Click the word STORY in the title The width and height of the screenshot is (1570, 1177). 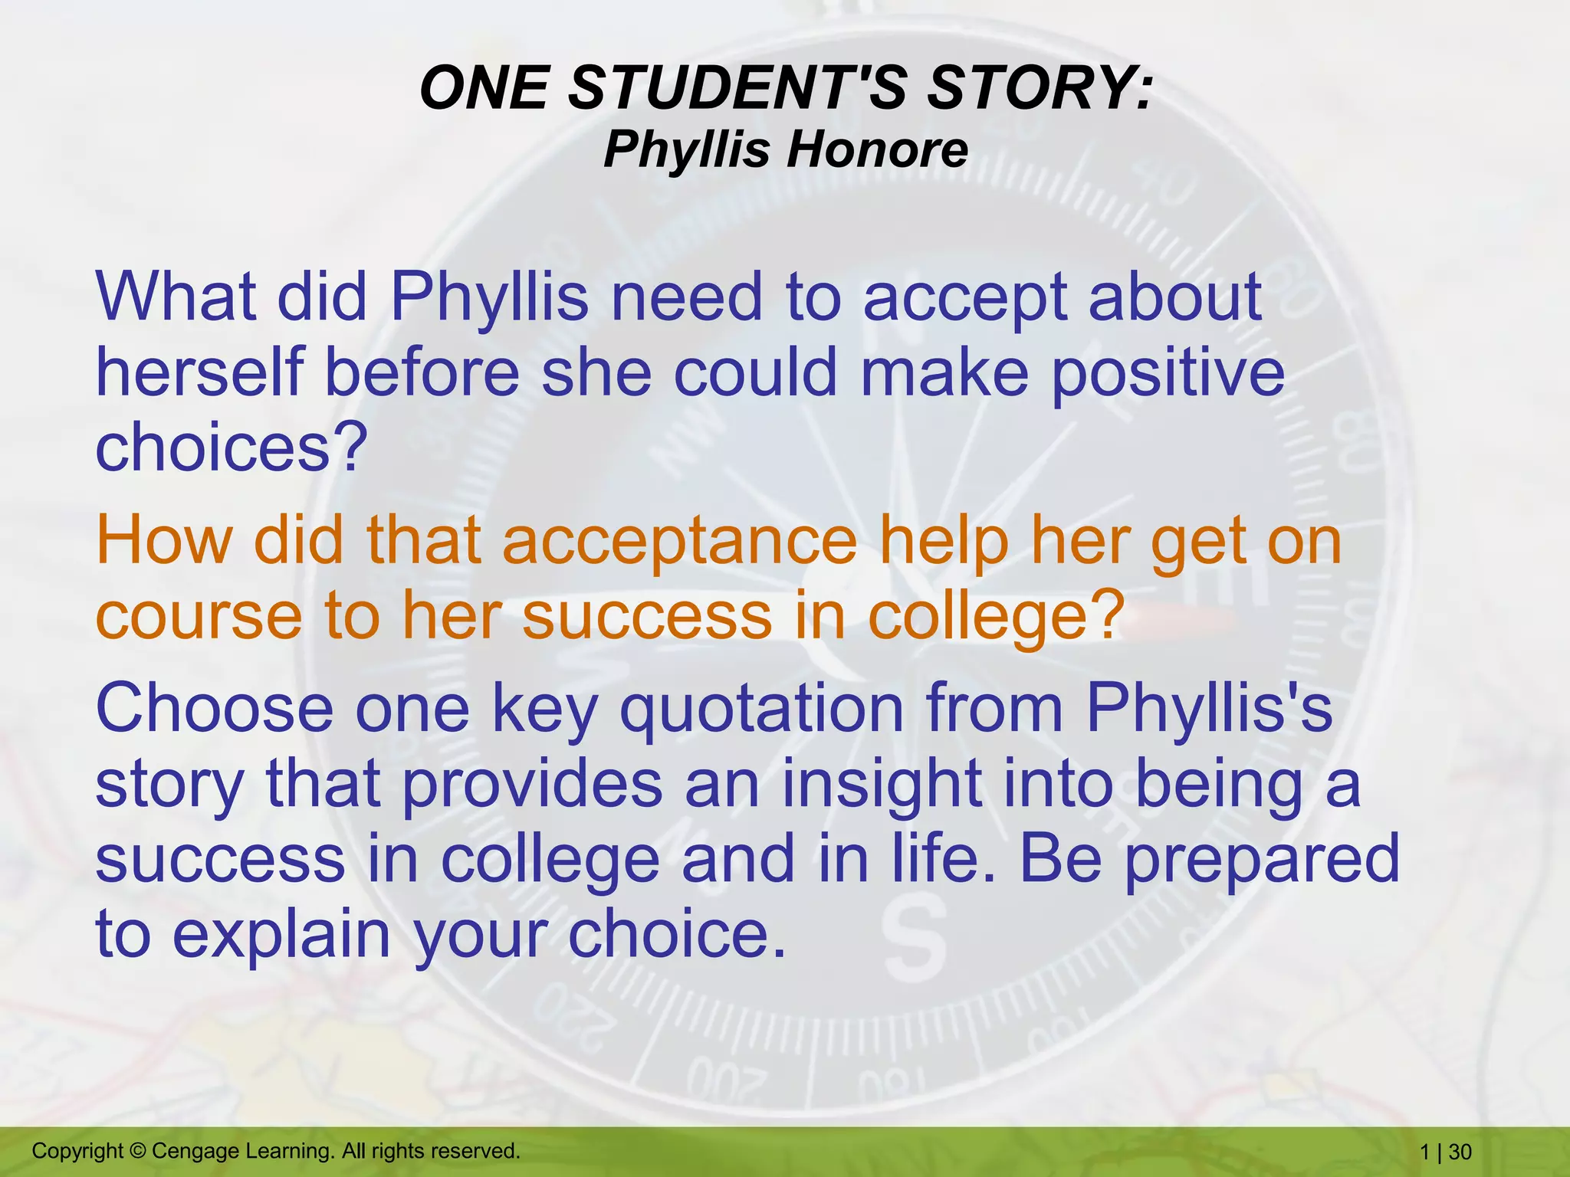pyautogui.click(x=1039, y=88)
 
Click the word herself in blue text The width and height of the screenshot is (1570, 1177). pyautogui.click(x=199, y=372)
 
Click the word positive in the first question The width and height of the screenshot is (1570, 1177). pyautogui.click(x=1167, y=374)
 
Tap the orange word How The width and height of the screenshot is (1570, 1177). pyautogui.click(x=163, y=540)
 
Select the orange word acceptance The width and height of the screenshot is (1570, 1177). pyautogui.click(x=679, y=540)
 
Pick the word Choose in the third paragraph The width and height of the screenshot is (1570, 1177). pyautogui.click(x=214, y=709)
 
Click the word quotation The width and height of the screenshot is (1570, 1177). pyautogui.click(x=762, y=709)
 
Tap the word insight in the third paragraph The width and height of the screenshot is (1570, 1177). pyautogui.click(x=881, y=785)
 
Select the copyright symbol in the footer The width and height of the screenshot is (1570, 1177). pyautogui.click(x=137, y=1151)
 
